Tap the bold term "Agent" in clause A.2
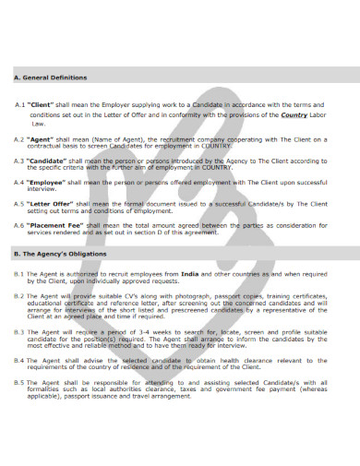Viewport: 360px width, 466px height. (40, 139)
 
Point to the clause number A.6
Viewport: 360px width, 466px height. (18, 224)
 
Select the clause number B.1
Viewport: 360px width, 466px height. (18, 274)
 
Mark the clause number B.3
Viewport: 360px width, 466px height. (18, 330)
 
